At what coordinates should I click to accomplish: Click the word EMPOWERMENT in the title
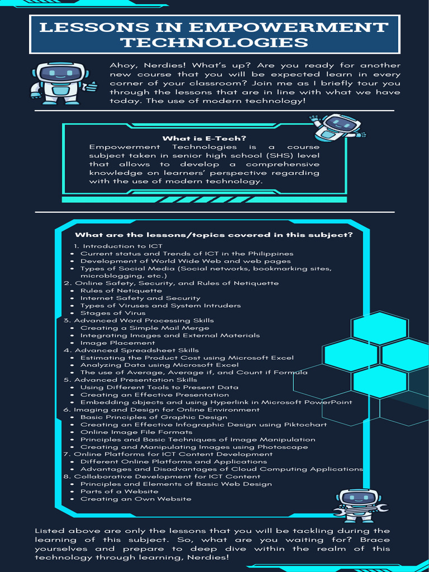click(289, 27)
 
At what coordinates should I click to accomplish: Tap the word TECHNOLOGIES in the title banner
click(215, 42)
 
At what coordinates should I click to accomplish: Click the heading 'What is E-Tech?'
click(204, 139)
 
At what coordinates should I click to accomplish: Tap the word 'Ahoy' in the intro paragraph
click(122, 65)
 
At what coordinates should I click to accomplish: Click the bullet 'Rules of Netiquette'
click(113, 290)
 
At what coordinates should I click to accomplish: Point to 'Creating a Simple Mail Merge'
click(145, 328)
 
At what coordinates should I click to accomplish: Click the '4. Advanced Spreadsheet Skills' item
click(131, 350)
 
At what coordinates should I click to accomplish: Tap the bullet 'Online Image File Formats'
click(136, 432)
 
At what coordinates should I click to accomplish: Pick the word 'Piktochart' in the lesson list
click(307, 425)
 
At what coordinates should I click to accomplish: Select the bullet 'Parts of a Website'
click(112, 492)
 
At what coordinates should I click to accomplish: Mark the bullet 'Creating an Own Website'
click(136, 499)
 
